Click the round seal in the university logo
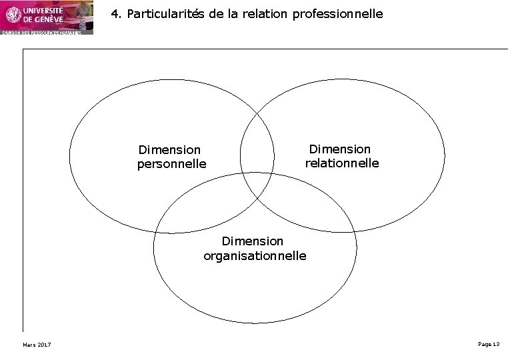[x=13, y=14]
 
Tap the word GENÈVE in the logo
[x=48, y=19]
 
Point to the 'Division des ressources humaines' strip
[x=41, y=32]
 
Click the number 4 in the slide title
[x=115, y=13]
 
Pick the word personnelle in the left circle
[x=172, y=163]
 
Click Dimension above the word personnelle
[x=169, y=150]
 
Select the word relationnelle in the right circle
[x=342, y=163]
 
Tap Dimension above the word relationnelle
[x=339, y=149]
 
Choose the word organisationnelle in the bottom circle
[x=255, y=255]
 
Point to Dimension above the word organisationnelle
[x=253, y=241]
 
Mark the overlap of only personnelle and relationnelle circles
[x=257, y=143]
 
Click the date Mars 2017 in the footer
[x=37, y=344]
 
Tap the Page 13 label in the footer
[x=489, y=343]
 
